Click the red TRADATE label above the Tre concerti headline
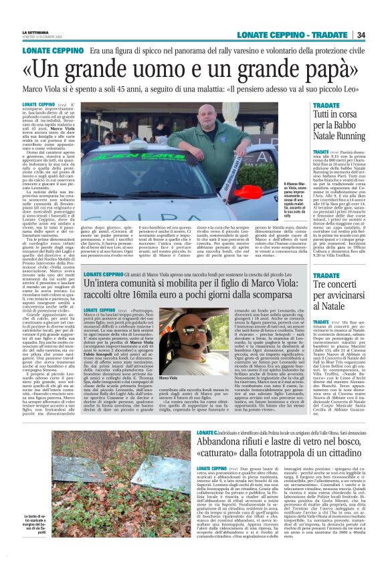click(x=326, y=275)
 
